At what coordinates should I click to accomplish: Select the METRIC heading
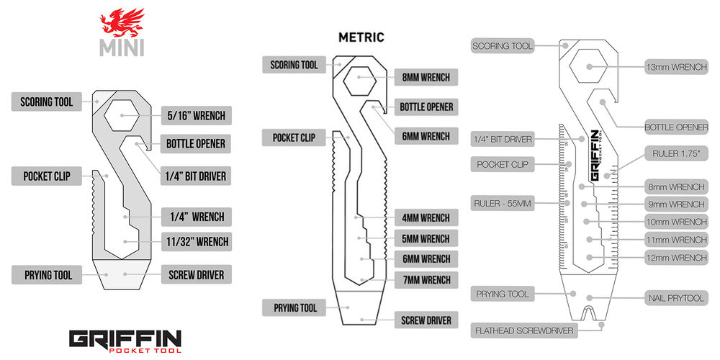tap(361, 37)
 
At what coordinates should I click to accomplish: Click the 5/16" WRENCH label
tap(195, 115)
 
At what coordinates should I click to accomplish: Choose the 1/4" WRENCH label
tap(195, 216)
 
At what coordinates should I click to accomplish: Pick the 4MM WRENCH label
tap(426, 217)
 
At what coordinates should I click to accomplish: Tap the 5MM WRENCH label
tap(426, 238)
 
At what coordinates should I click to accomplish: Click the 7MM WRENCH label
tap(426, 279)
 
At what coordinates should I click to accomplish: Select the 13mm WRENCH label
tap(676, 67)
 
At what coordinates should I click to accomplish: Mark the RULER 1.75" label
tap(676, 153)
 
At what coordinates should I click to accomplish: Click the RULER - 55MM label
tap(502, 204)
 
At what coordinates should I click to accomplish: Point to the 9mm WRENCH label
tap(677, 204)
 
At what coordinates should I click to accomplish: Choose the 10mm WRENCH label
tap(677, 222)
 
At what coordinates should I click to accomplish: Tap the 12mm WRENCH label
tap(677, 257)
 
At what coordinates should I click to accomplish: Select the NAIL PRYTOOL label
tap(676, 297)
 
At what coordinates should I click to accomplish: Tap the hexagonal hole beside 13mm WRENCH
tap(590, 67)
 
